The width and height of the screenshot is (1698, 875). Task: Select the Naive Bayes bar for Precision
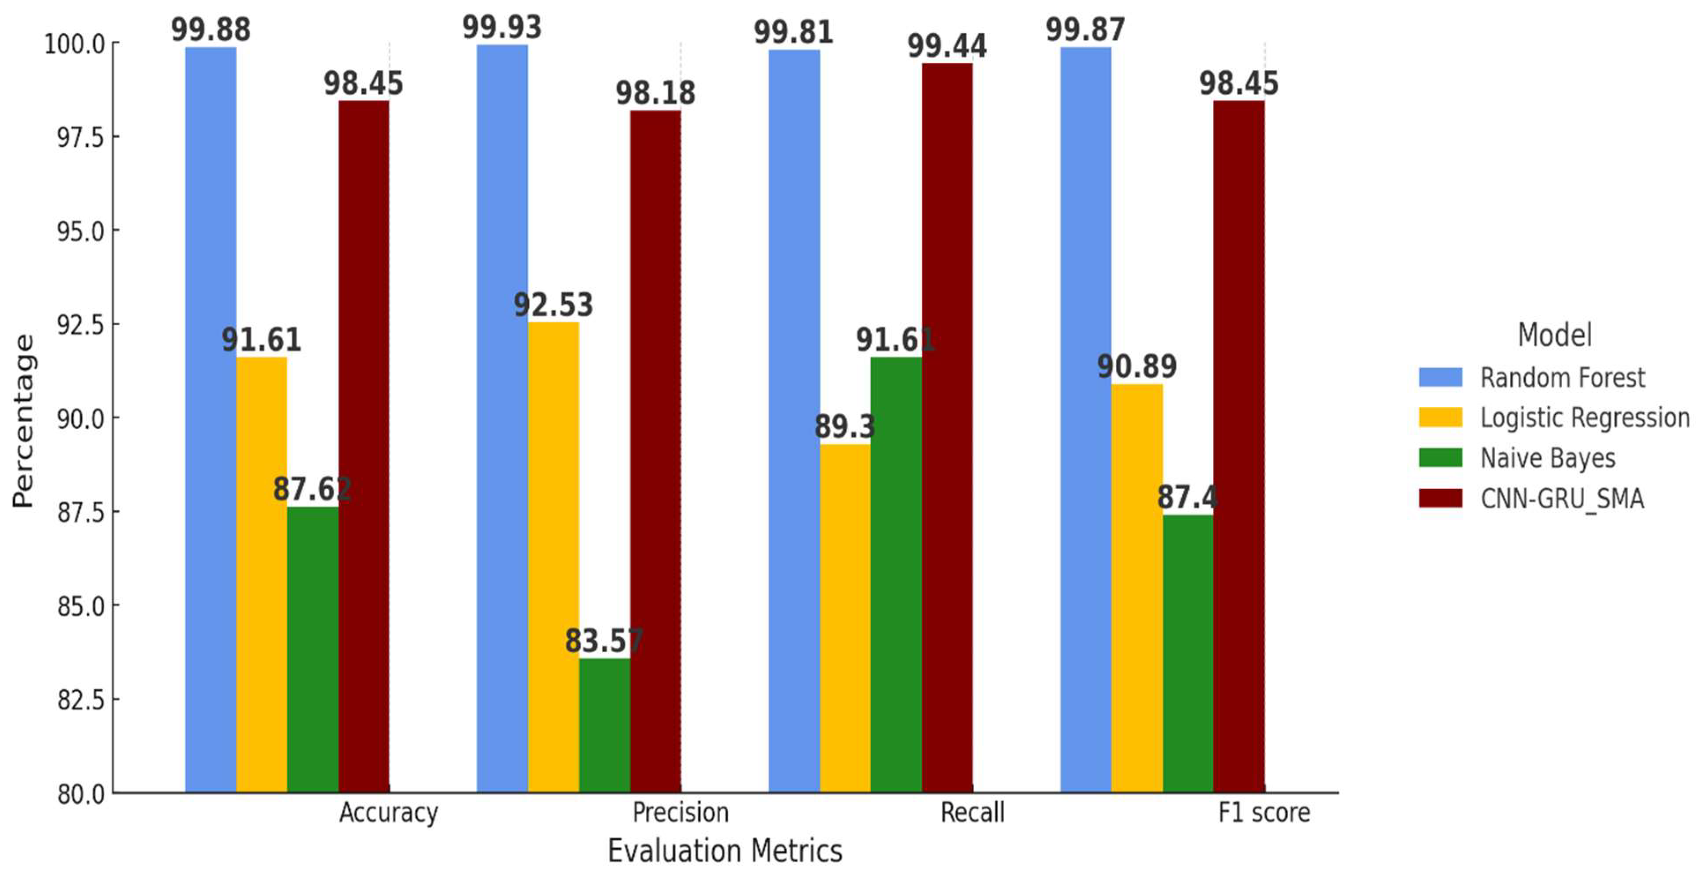pos(604,725)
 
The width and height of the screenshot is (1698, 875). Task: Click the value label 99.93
pos(502,28)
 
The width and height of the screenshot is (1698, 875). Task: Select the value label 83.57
pos(604,641)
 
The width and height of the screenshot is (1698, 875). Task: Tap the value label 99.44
pos(947,46)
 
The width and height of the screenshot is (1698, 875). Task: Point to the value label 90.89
pos(1136,367)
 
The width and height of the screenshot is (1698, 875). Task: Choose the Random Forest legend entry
pos(1562,378)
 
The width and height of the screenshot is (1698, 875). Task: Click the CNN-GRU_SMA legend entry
pos(1562,498)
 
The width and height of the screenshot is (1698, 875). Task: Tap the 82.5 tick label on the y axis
pos(81,700)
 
